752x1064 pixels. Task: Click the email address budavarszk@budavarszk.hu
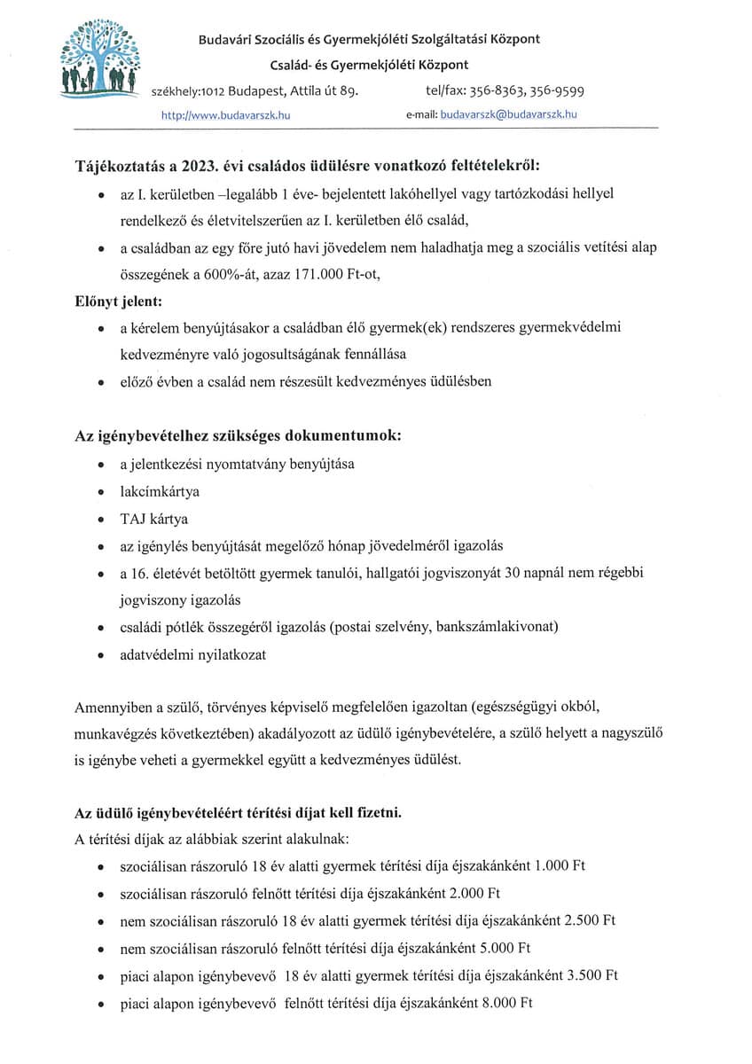click(509, 115)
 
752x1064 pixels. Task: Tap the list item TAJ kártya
click(154, 519)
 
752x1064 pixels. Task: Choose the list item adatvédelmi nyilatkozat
click(193, 655)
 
